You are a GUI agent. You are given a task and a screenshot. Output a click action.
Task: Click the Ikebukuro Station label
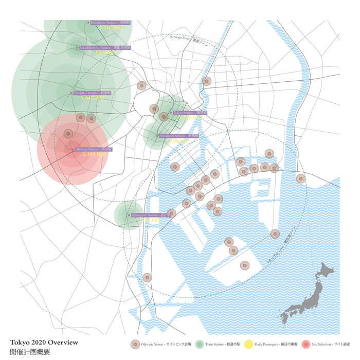(x=110, y=23)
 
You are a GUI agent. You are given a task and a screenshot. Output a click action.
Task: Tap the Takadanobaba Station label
(x=105, y=47)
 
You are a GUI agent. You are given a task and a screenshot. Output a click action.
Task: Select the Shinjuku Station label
(x=95, y=93)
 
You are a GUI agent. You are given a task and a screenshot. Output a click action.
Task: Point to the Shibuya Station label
(x=94, y=149)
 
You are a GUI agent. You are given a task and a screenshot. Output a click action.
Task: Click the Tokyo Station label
(x=190, y=112)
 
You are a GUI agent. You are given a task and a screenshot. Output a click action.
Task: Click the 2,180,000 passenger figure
(x=94, y=154)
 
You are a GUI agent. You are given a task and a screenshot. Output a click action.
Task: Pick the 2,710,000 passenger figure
(x=109, y=28)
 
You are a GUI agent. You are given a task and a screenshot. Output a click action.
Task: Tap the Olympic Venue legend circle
(x=135, y=345)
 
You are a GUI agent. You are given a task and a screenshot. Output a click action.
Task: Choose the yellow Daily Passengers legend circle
(x=248, y=345)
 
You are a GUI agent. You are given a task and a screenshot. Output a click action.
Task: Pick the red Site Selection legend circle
(x=307, y=345)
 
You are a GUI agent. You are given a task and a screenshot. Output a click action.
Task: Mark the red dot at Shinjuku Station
(x=71, y=93)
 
